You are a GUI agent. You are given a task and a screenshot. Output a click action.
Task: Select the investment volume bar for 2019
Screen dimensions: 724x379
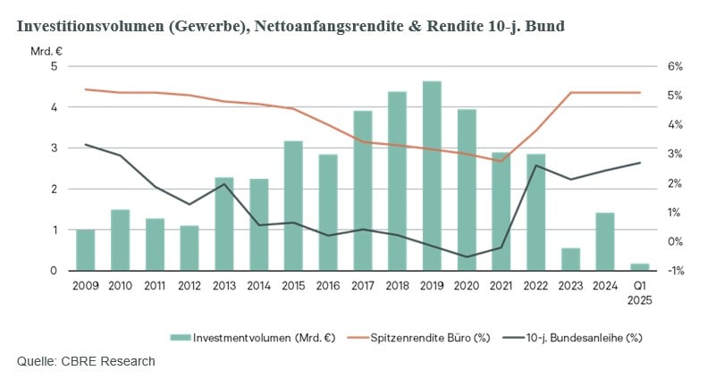[432, 176]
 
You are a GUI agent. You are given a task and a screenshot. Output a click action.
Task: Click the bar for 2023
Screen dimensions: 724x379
[570, 259]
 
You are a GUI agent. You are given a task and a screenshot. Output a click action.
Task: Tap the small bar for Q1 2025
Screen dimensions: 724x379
[640, 267]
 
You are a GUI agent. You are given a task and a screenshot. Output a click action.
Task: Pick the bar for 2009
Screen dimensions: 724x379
[86, 249]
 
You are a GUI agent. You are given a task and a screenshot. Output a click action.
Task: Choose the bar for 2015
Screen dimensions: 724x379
[293, 206]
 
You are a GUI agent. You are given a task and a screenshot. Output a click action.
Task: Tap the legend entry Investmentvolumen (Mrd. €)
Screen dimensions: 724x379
[253, 338]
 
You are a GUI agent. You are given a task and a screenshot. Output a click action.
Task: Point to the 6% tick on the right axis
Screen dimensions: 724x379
[675, 66]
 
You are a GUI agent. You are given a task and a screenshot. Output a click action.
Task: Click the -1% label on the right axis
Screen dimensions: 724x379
[676, 271]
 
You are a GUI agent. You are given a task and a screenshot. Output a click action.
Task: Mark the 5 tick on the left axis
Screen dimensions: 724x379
[54, 66]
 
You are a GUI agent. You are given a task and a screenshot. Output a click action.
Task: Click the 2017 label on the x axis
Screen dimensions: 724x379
[363, 286]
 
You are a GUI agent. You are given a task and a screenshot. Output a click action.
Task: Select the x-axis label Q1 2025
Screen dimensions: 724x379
[640, 293]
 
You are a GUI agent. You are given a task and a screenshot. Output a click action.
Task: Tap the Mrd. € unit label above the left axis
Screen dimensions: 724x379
[46, 51]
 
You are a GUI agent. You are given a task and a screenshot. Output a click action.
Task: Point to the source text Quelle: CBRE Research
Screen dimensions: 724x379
[86, 361]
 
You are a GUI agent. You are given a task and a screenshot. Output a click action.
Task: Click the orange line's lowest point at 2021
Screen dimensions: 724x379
[501, 161]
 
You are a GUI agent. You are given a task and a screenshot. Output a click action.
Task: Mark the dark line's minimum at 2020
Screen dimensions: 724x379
[467, 257]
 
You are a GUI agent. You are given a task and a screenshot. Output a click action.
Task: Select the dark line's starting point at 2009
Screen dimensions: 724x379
[86, 145]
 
